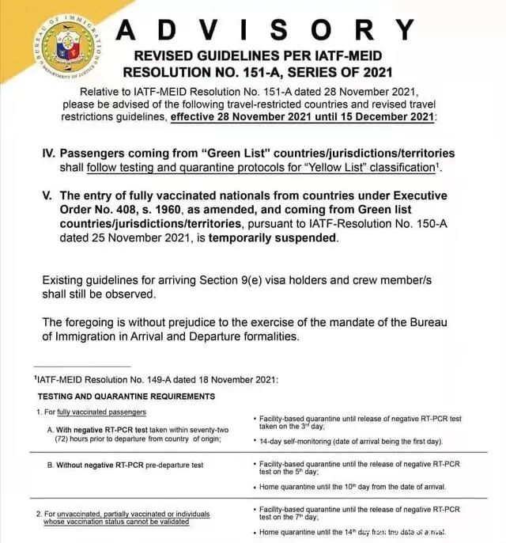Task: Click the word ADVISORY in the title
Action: [266, 31]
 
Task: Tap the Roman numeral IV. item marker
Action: [47, 154]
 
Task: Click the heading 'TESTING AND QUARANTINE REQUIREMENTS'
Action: [126, 396]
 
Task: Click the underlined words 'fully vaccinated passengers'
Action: [101, 412]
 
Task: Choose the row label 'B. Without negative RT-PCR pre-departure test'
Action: [125, 465]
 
